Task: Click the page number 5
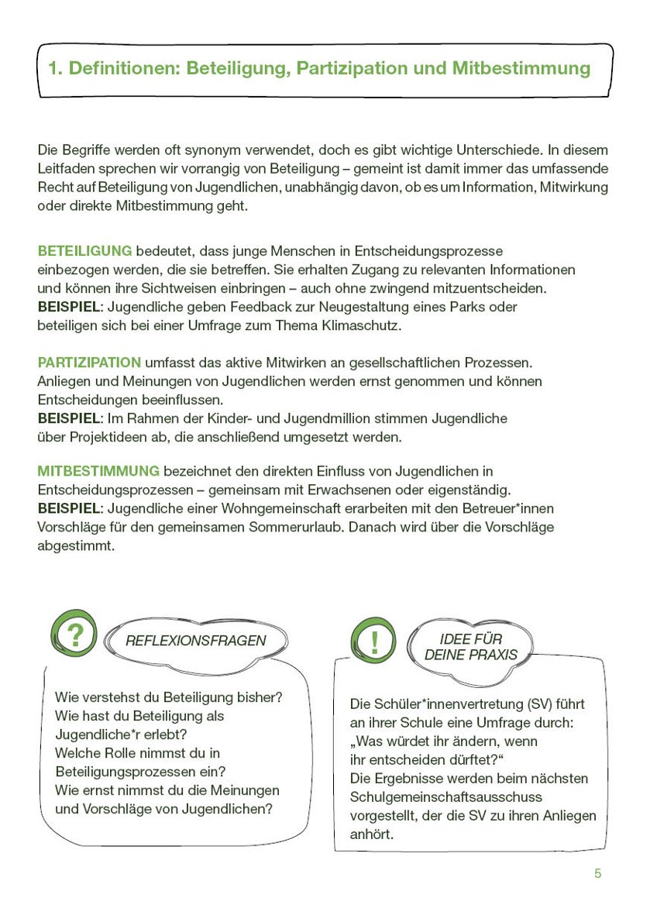pyautogui.click(x=597, y=873)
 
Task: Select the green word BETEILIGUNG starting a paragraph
pyautogui.click(x=84, y=251)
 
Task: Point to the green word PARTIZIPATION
pyautogui.click(x=89, y=363)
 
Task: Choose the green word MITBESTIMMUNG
pyautogui.click(x=98, y=471)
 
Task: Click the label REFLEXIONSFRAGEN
pyautogui.click(x=195, y=641)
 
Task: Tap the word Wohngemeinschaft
pyautogui.click(x=284, y=508)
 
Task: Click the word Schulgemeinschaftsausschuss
pyautogui.click(x=446, y=796)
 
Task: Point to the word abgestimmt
pyautogui.click(x=76, y=545)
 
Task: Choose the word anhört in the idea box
pyautogui.click(x=372, y=834)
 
